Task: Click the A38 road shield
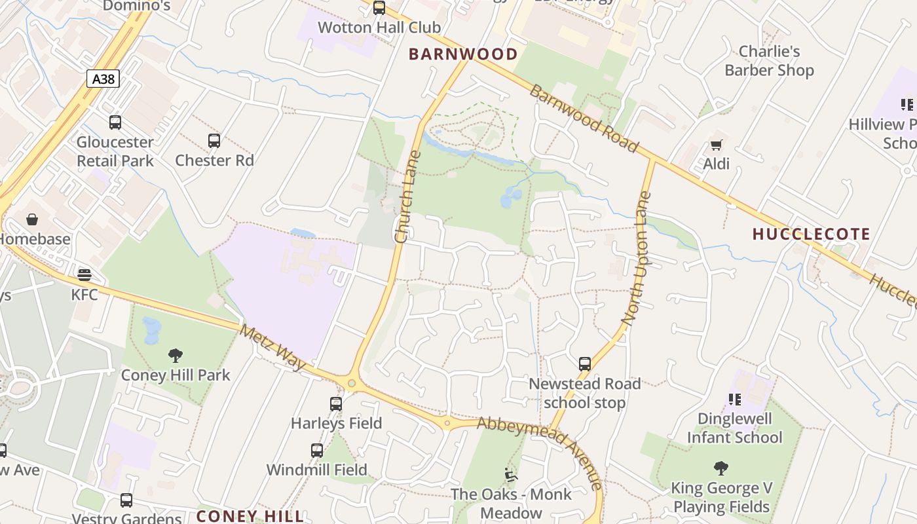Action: (x=103, y=79)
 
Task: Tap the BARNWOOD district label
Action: (x=463, y=54)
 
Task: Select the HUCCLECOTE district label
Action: (x=811, y=234)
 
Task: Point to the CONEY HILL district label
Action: (x=250, y=516)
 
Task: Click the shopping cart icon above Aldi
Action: (x=716, y=145)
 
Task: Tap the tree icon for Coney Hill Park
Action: (x=175, y=356)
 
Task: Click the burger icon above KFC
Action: (x=84, y=274)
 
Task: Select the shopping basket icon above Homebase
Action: (x=31, y=219)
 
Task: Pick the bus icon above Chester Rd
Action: (x=214, y=140)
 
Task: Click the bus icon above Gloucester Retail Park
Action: (x=115, y=122)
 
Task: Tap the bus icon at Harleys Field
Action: (x=336, y=404)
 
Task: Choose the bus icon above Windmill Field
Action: (x=317, y=451)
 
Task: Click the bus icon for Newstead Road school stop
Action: (x=584, y=364)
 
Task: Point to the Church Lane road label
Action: (x=407, y=197)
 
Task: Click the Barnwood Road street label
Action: (x=583, y=119)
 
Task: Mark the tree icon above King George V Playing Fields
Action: (x=721, y=468)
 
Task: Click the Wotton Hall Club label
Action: (x=379, y=28)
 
